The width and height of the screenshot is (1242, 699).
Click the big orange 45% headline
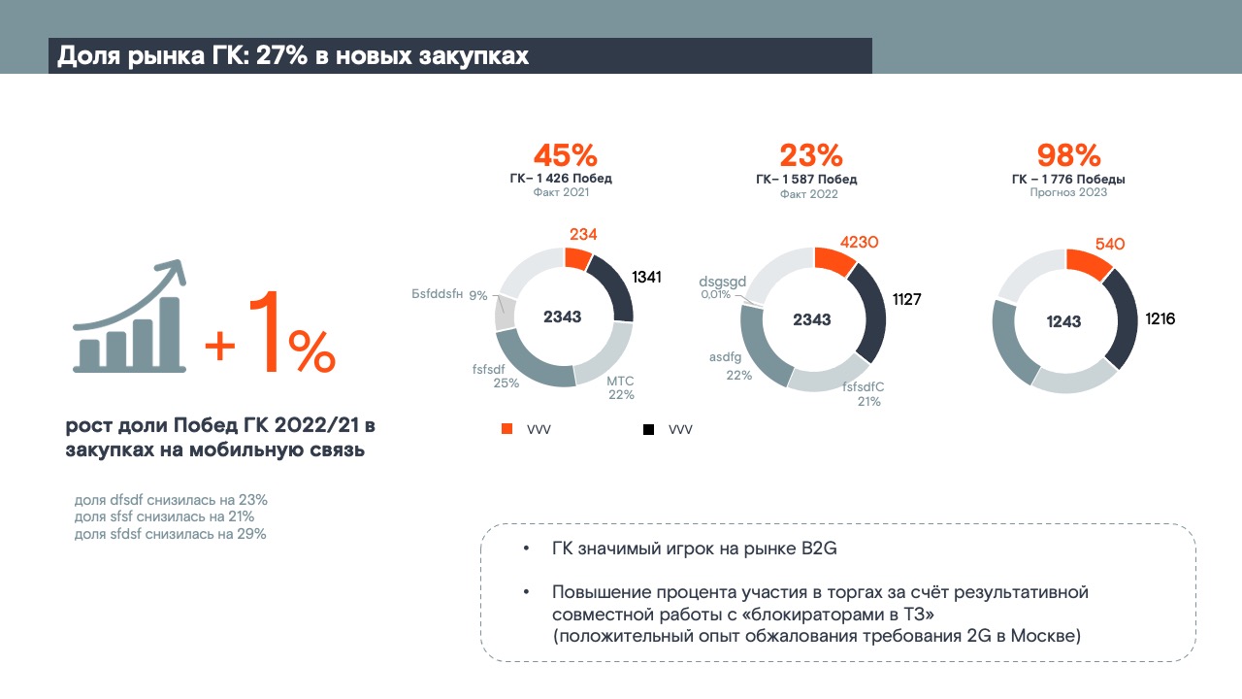tap(565, 155)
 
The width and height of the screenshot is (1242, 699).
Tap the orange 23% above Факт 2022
tap(811, 155)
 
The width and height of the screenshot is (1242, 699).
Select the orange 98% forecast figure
tap(1068, 155)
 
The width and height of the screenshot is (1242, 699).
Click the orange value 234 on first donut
tap(582, 234)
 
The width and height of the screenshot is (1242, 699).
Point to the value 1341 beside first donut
tap(646, 278)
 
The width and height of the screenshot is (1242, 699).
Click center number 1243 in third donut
tap(1064, 322)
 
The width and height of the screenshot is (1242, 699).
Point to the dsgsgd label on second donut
tap(723, 282)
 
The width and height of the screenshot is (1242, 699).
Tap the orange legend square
tap(507, 429)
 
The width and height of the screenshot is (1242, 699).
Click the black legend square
tap(647, 429)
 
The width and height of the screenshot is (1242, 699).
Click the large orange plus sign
tap(220, 345)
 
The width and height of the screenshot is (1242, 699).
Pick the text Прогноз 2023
tap(1068, 193)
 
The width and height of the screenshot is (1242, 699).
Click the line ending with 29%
tap(170, 534)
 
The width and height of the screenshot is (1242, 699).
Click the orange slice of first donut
tap(577, 258)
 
